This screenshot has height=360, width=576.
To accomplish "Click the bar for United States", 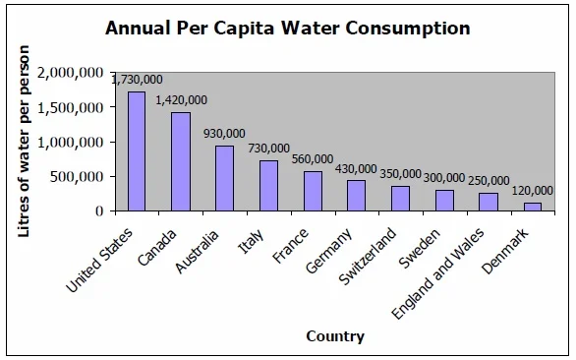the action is point(137,151).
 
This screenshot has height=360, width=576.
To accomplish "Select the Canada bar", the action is point(181,161).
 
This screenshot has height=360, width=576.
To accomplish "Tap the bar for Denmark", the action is point(533,207).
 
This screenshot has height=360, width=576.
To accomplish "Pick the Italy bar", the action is point(269,186).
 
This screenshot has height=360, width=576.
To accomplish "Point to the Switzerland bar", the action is point(400,199).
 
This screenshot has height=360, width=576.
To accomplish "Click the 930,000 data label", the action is point(224,134).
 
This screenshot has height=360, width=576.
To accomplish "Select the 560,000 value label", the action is point(313,159).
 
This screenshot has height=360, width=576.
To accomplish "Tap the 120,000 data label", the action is point(533,191).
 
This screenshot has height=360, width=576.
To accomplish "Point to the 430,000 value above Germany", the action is point(356,169).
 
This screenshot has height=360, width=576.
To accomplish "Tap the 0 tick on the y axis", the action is point(99,211).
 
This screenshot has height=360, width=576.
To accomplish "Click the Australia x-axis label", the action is point(197,252).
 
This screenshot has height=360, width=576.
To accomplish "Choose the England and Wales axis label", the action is point(437,273).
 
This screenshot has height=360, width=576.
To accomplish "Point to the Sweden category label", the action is point(420,249).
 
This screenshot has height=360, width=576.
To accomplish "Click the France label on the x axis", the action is point(290,246).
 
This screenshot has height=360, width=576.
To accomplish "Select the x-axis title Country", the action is point(335,336).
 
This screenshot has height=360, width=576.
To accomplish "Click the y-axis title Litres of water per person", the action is point(24,142).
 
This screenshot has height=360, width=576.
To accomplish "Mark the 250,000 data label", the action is point(489,181).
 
